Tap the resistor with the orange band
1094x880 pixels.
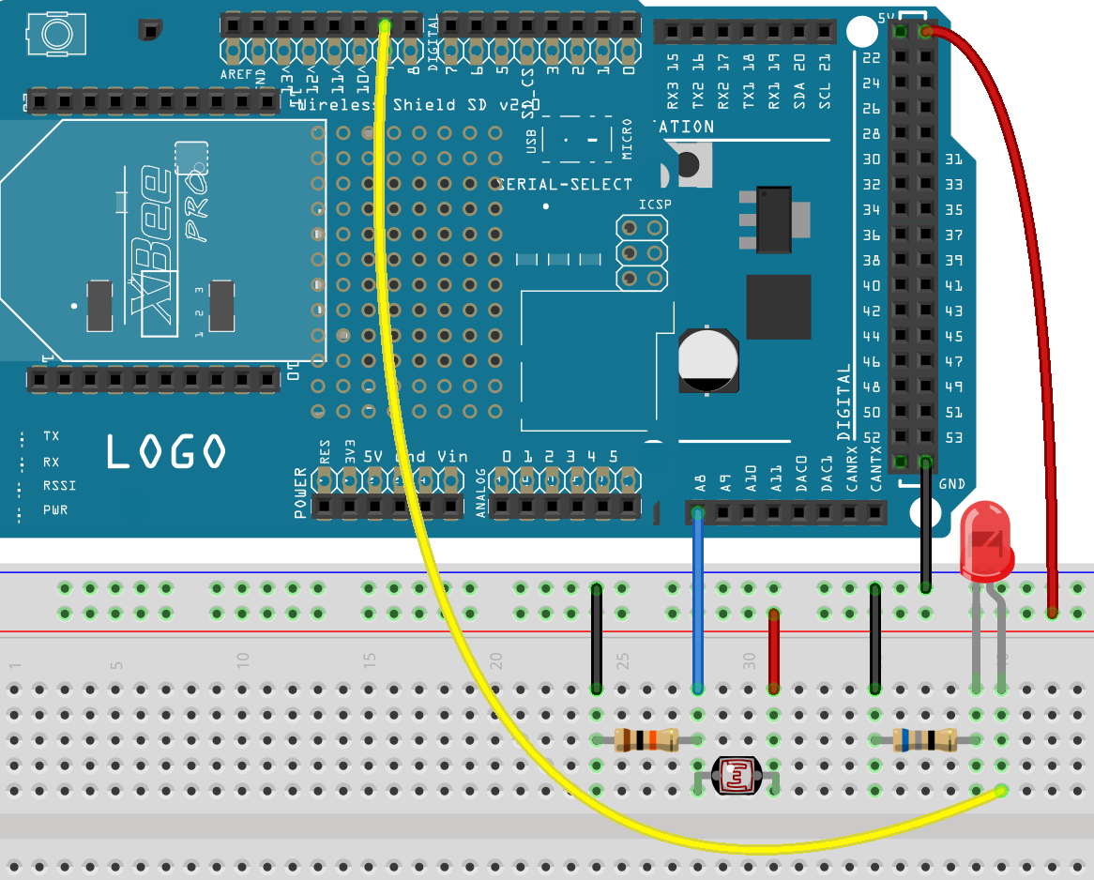pyautogui.click(x=646, y=739)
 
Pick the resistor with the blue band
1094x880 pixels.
pyautogui.click(x=924, y=740)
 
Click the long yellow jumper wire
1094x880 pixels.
pyautogui.click(x=394, y=375)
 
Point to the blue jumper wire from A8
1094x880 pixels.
pyautogui.click(x=697, y=600)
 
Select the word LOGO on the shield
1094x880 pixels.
pyautogui.click(x=165, y=452)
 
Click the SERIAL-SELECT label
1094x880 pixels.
pyautogui.click(x=564, y=184)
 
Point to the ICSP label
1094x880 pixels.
pyautogui.click(x=655, y=205)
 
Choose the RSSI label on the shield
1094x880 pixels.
pyautogui.click(x=59, y=486)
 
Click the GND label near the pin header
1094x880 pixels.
pyautogui.click(x=951, y=484)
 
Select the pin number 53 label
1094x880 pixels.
pyautogui.click(x=953, y=438)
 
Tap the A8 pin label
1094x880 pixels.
pyautogui.click(x=699, y=483)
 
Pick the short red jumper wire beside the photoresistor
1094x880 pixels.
pyautogui.click(x=774, y=650)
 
